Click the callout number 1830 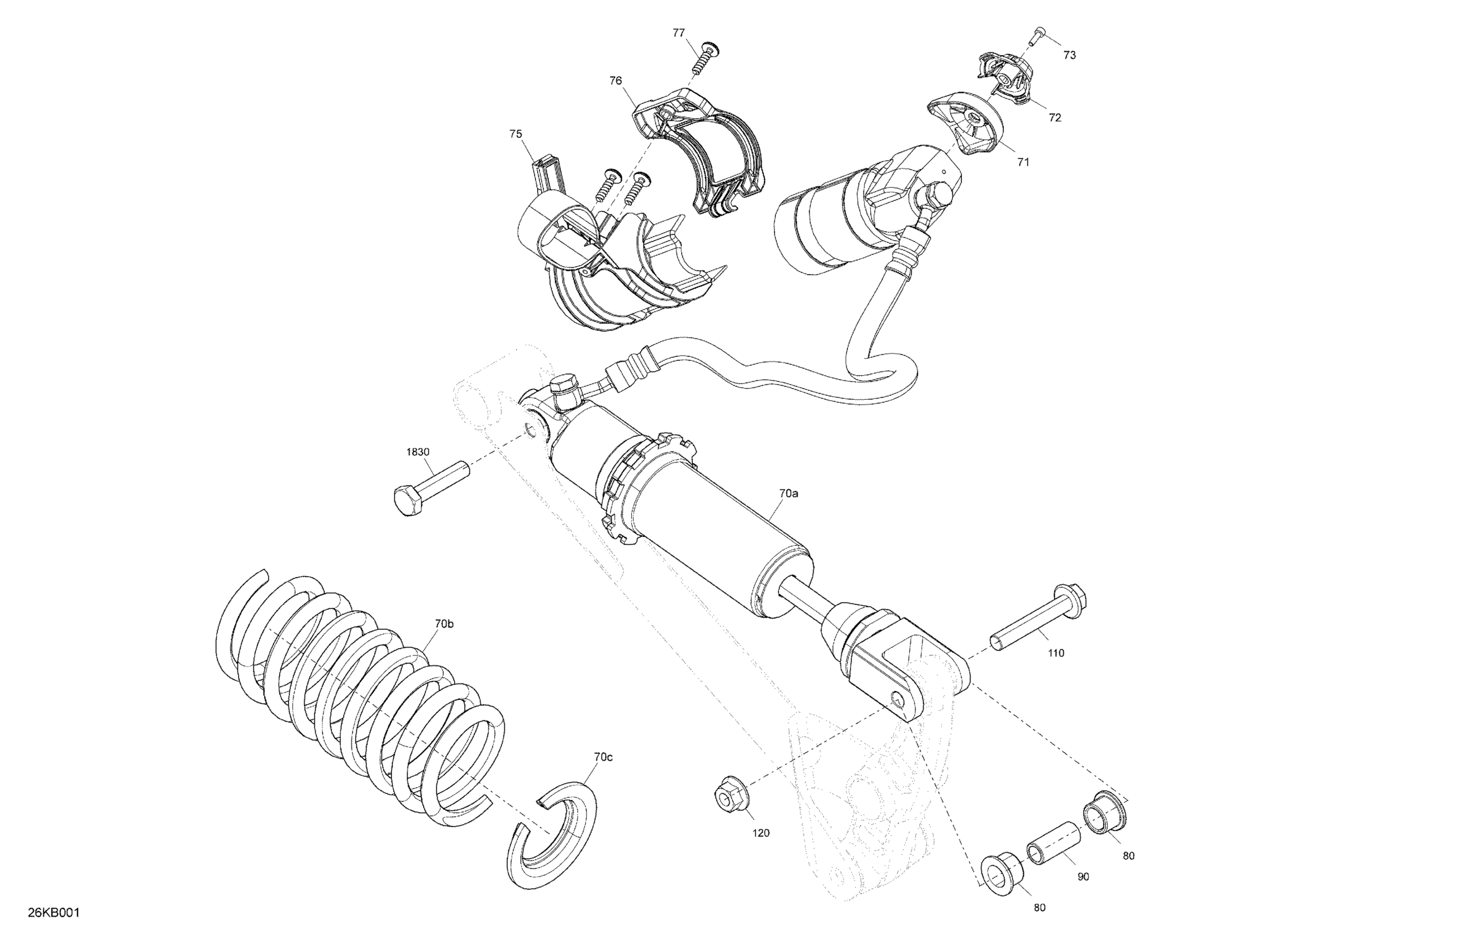point(418,452)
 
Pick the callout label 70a point(788,493)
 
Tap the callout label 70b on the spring point(444,624)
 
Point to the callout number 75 point(515,133)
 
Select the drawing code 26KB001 point(54,913)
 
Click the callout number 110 point(1056,653)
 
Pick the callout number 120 point(760,833)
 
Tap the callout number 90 point(1083,877)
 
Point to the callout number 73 point(1069,55)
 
